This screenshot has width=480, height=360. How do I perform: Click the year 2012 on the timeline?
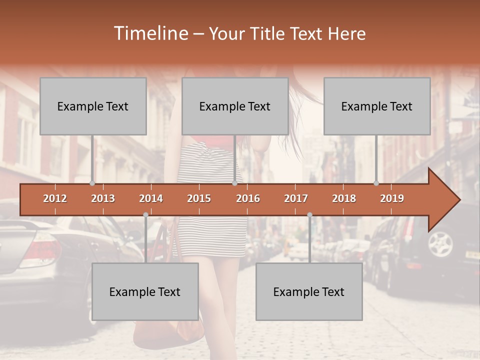pos(55,198)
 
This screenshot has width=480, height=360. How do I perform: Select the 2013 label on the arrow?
pos(103,198)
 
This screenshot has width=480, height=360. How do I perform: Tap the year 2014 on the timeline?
pos(151,198)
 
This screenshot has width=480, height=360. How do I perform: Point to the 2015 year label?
pos(199,198)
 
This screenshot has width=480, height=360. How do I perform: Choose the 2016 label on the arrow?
pos(248,198)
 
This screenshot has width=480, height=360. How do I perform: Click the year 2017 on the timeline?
pos(296,198)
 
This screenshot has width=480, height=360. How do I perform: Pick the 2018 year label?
pos(344,198)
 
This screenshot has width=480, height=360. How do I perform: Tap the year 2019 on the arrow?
pos(392,198)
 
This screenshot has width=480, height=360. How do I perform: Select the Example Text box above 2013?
pos(93,106)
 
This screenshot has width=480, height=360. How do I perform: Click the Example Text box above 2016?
pos(235,106)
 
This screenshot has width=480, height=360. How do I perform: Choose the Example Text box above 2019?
pos(377,106)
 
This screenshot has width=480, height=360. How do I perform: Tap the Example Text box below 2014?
pos(145,291)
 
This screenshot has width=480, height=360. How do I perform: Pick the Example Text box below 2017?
pos(309,291)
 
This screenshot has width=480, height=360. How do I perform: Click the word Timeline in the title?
pos(150,33)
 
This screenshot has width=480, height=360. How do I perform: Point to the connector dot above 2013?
pos(92,183)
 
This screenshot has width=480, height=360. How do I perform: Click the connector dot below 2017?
pos(309,215)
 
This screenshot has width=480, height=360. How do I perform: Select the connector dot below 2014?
pos(145,215)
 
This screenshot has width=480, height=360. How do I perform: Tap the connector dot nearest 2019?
pos(376,183)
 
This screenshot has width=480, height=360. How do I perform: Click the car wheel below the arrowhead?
pos(440,243)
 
